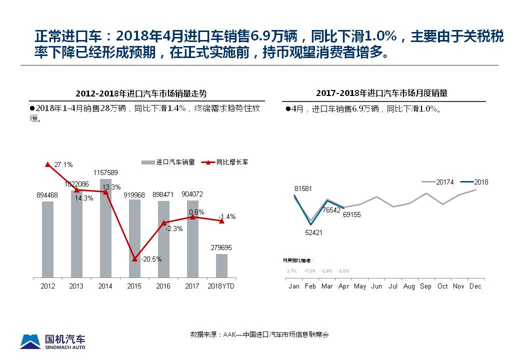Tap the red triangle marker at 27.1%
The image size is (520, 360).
pyautogui.click(x=47, y=164)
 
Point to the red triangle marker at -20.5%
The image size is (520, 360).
pyautogui.click(x=134, y=258)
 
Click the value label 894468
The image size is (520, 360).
pyautogui.click(x=47, y=195)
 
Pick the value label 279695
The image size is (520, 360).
pyautogui.click(x=221, y=247)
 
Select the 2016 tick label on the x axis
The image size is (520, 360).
pyautogui.click(x=163, y=286)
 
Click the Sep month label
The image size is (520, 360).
pyautogui.click(x=425, y=286)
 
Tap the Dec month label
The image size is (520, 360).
pyautogui.click(x=475, y=286)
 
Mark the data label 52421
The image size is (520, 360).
pyautogui.click(x=313, y=232)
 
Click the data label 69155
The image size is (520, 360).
pyautogui.click(x=351, y=214)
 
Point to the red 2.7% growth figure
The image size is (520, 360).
pyautogui.click(x=291, y=271)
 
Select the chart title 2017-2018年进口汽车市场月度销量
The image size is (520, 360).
pyautogui.click(x=381, y=93)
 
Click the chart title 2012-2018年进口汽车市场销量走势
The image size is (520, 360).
pyautogui.click(x=141, y=93)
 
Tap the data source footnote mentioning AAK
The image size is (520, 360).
pyautogui.click(x=259, y=334)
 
